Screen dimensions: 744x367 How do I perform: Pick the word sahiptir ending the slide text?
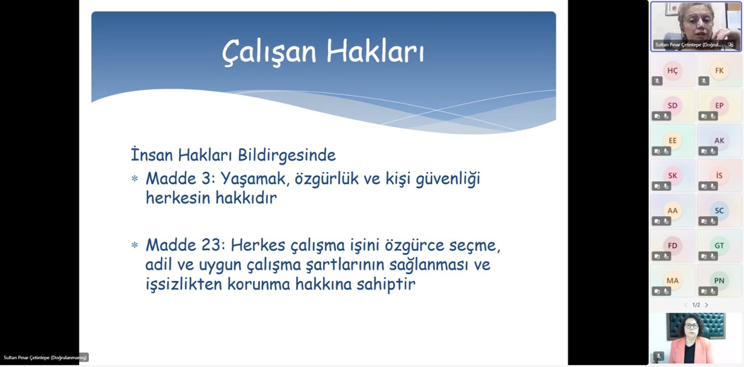tap(386, 285)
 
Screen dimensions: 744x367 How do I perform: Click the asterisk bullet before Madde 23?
tap(134, 246)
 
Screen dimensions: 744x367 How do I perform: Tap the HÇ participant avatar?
tap(673, 70)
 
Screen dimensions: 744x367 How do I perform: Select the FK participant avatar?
tap(719, 70)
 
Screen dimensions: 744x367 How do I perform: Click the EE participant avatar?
tap(673, 141)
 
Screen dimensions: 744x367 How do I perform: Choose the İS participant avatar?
tap(719, 176)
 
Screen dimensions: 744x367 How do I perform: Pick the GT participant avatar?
tap(719, 246)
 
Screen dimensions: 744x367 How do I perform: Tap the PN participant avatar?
tap(719, 280)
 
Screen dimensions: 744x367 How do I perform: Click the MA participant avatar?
tap(673, 280)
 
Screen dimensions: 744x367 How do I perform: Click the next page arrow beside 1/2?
tap(706, 305)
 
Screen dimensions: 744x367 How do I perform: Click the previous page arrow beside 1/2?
tap(686, 305)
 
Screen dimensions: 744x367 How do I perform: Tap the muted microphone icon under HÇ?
tap(657, 81)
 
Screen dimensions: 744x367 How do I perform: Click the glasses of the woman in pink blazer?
tap(691, 326)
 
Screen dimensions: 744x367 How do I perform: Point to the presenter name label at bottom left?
tap(45, 358)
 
